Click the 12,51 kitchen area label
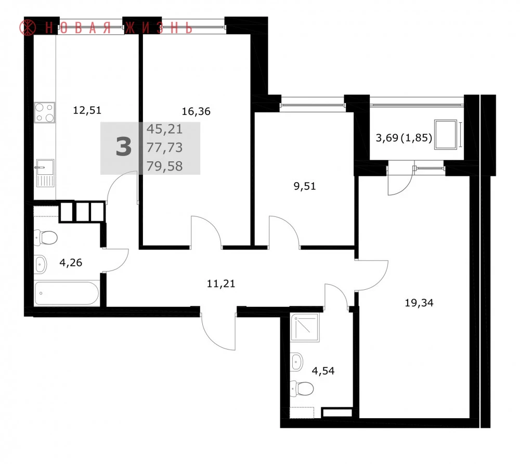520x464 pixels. (x=87, y=110)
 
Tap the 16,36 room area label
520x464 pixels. (x=196, y=111)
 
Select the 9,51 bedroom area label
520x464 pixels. (x=305, y=186)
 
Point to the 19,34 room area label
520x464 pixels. (x=419, y=303)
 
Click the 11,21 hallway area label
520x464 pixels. (x=221, y=284)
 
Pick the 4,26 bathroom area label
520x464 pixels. (x=71, y=263)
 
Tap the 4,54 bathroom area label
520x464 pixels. (x=323, y=371)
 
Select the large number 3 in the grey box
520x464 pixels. (x=124, y=148)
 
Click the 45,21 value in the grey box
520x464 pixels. (x=164, y=129)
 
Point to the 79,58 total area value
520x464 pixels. (x=164, y=166)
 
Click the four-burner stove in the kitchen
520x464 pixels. (x=44, y=112)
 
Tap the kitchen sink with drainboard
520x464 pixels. (x=45, y=173)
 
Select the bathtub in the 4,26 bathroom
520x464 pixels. (x=67, y=293)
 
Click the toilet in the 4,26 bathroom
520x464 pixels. (x=46, y=238)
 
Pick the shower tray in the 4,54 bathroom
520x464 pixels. (x=305, y=327)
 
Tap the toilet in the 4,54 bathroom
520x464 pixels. (x=302, y=389)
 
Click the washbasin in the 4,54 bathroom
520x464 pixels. (x=296, y=361)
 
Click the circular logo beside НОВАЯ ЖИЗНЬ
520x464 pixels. (x=27, y=28)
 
